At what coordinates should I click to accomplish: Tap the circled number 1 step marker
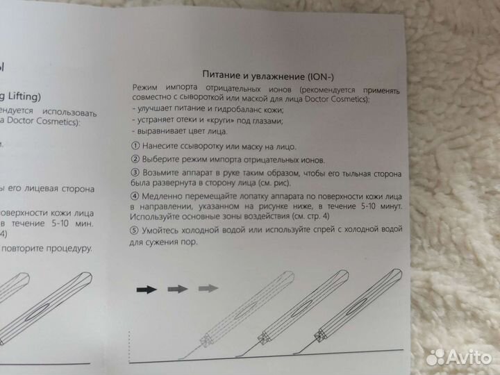(x=134, y=147)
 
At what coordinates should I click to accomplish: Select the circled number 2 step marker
(x=134, y=160)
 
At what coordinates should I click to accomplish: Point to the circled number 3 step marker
(x=135, y=172)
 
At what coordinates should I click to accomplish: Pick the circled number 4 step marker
(x=135, y=197)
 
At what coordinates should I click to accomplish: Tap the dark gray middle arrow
(x=178, y=288)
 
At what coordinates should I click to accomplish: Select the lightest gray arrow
(x=208, y=287)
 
